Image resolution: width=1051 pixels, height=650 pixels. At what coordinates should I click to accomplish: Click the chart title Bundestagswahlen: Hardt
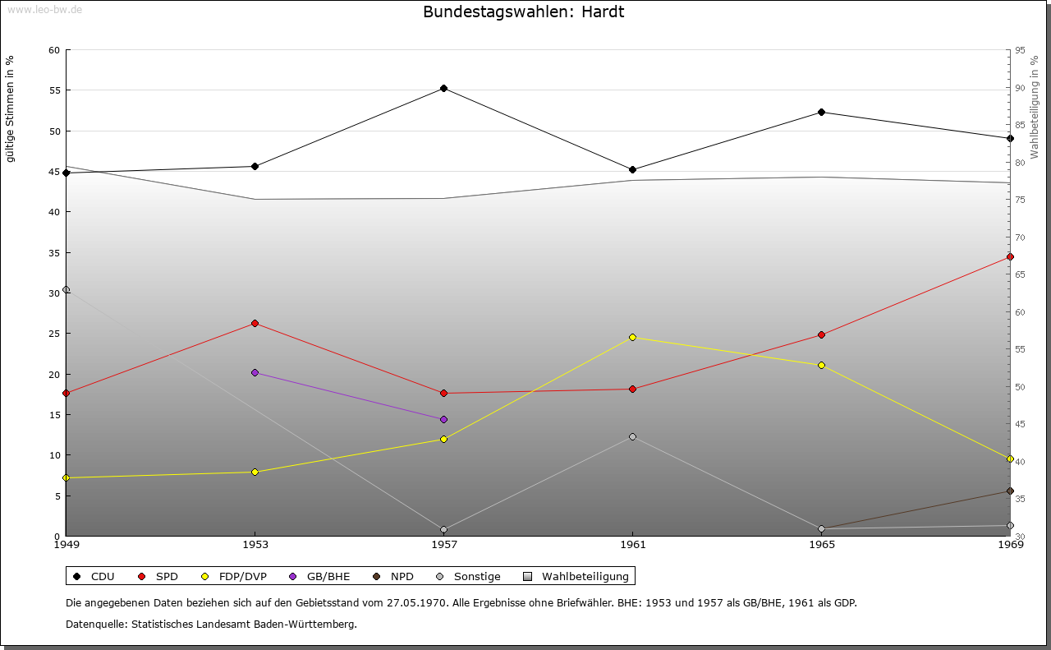[524, 12]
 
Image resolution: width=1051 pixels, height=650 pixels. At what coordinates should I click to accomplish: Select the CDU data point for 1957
[443, 88]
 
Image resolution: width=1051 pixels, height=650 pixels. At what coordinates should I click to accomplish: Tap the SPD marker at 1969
[1010, 256]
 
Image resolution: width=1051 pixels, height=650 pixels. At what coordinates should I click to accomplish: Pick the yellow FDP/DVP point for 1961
[632, 337]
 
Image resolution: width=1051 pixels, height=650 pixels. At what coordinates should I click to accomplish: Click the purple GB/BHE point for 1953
[255, 372]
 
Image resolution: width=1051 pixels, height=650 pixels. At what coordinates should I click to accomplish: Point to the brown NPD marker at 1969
[1010, 491]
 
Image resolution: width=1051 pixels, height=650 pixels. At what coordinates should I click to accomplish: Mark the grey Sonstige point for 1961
[632, 436]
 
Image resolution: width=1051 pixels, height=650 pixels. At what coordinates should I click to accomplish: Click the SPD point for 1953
[255, 323]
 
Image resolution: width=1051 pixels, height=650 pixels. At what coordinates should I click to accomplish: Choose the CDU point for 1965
[821, 112]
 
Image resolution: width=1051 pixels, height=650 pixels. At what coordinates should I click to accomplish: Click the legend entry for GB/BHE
[328, 576]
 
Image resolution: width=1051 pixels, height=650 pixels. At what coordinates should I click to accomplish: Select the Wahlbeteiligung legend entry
[585, 576]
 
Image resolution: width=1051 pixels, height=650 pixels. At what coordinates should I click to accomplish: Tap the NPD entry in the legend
[402, 576]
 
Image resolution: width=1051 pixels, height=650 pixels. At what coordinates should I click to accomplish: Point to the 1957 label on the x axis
[443, 544]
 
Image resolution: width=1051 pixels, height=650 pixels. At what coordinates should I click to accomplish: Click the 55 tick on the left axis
[54, 90]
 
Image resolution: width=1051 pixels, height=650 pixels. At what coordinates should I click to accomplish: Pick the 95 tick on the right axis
[1020, 50]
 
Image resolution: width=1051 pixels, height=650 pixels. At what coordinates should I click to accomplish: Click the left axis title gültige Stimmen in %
[10, 108]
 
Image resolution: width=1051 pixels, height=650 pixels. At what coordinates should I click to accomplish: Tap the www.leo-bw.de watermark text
[43, 8]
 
